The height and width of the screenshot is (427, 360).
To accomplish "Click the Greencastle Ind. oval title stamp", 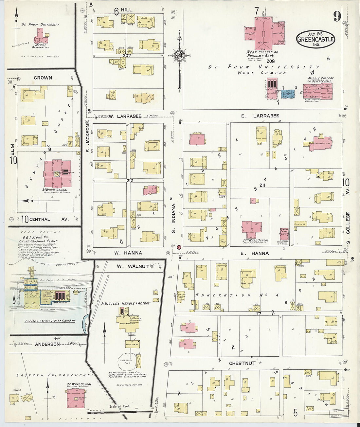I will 316,39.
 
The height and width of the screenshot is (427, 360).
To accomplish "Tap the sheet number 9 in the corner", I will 337,16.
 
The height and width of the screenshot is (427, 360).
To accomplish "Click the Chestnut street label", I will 242,363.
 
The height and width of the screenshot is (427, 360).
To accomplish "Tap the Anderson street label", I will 47,344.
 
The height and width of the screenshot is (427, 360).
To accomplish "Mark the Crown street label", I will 43,78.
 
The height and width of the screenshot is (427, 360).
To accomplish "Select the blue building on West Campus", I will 288,94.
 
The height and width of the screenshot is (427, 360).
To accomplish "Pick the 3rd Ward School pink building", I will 58,174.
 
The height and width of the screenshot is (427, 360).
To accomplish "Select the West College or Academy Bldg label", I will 262,54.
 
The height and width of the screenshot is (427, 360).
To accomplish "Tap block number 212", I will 128,180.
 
